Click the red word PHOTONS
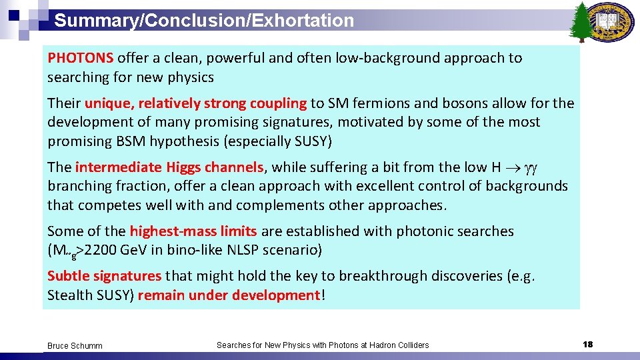81,58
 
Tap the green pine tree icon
582,21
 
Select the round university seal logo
613,23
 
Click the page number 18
587,344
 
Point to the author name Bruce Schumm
75,345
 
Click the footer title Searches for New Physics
323,345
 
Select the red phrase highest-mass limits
193,231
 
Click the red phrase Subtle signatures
104,276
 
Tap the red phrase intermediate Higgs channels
170,167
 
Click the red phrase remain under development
229,295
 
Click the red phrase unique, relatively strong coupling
195,103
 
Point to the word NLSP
245,251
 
